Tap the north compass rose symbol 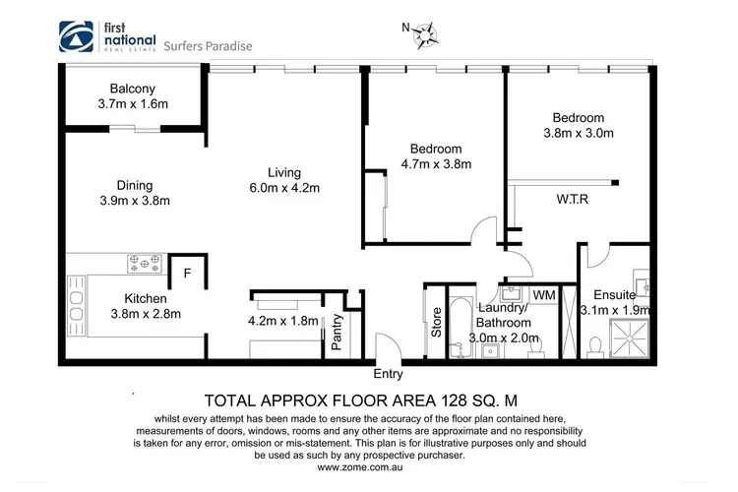click(x=426, y=36)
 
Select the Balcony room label click(x=108, y=87)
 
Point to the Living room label click(x=283, y=173)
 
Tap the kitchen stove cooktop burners click(x=146, y=264)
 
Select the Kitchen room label click(x=145, y=298)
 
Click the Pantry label click(x=337, y=332)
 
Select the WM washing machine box click(x=543, y=295)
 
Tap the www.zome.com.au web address click(x=369, y=467)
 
